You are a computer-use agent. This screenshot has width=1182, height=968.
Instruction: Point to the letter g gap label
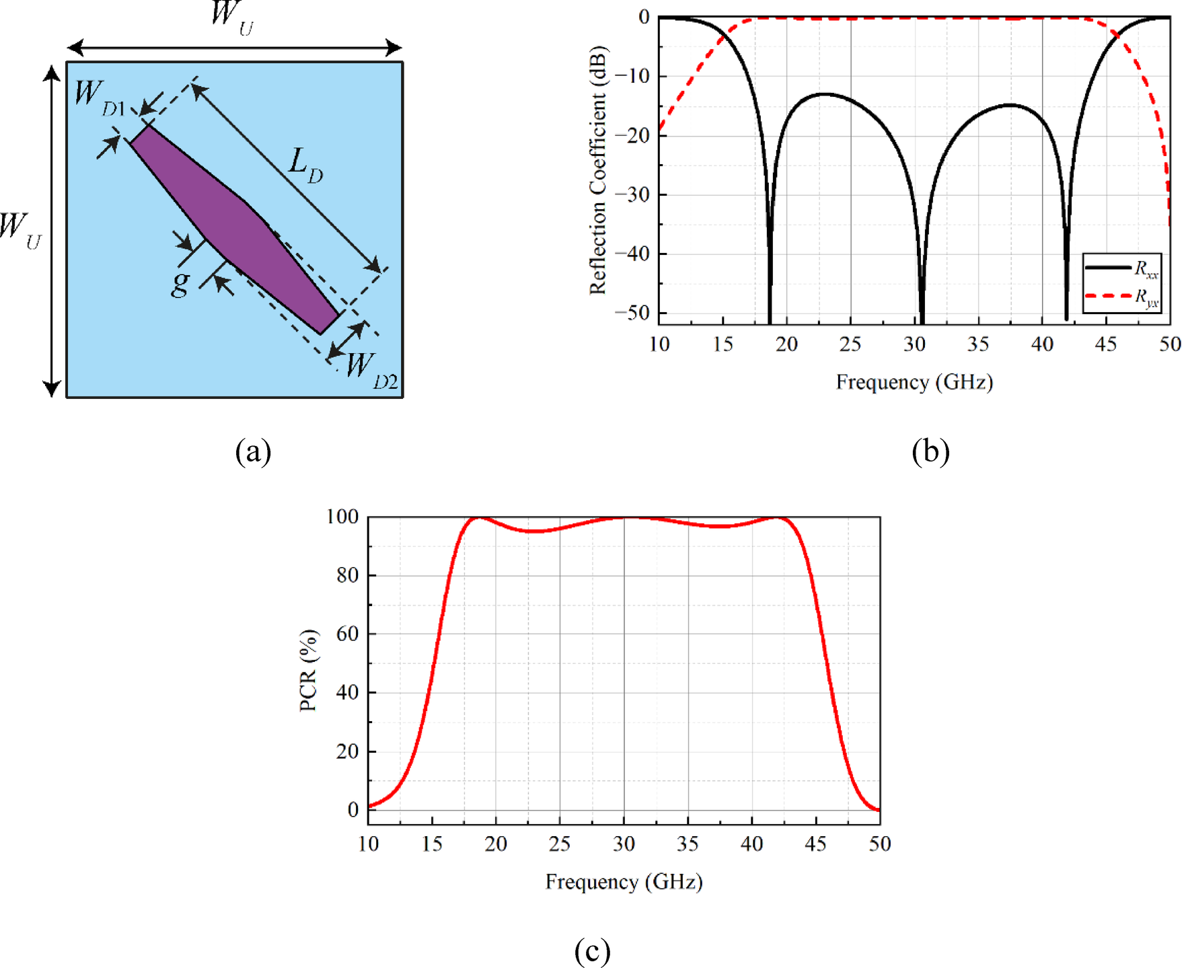coord(180,283)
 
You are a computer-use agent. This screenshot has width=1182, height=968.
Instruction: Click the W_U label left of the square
coord(20,230)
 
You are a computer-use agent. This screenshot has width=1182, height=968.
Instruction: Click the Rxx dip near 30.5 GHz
coord(922,316)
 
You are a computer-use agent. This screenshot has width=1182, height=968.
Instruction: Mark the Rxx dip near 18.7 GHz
coord(770,316)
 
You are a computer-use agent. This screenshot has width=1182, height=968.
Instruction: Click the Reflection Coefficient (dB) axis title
coord(597,170)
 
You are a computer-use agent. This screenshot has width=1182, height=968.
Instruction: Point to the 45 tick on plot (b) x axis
coord(1106,344)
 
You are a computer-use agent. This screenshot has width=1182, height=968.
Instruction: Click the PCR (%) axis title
coord(308,670)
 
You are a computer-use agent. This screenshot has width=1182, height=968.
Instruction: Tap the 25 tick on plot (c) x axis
coord(560,844)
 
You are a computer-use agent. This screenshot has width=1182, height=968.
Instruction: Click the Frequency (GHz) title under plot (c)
coord(624,881)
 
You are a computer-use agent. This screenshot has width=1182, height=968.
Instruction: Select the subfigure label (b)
coord(930,451)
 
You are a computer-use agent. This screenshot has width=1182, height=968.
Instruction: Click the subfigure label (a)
coord(253,451)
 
